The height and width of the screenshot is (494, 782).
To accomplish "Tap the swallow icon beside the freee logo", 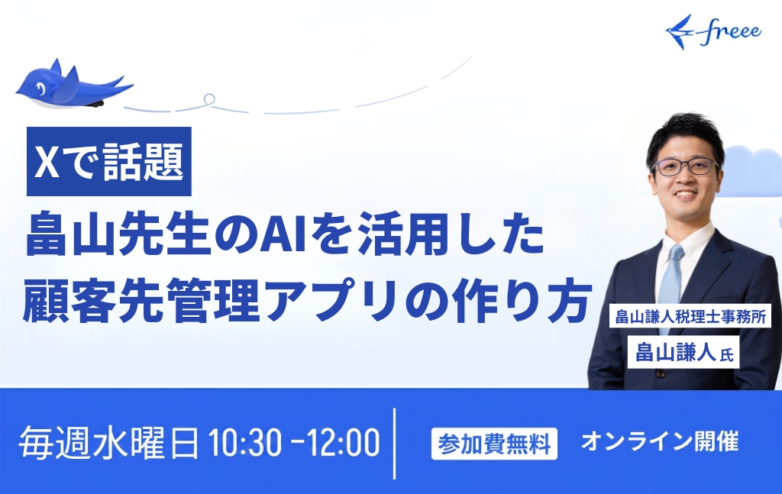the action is pos(679,31).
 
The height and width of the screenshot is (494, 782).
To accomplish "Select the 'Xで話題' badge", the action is pos(108,161).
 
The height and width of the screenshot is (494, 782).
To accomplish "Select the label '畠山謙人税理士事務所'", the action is pos(690,316).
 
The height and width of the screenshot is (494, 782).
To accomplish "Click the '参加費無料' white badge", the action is pos(494,443).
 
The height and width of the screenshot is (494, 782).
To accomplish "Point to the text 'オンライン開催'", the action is pos(659,441).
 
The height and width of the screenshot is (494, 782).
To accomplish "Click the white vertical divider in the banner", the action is pos(395,444).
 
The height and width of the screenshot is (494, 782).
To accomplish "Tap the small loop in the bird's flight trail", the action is pos(209,98).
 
